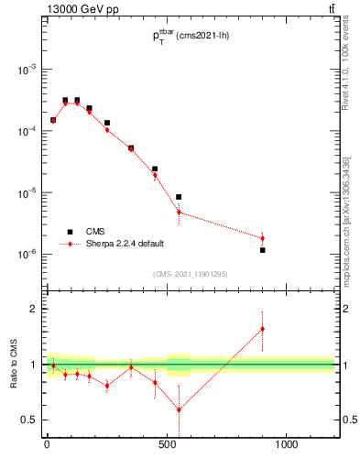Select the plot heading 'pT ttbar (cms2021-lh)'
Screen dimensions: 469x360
190,37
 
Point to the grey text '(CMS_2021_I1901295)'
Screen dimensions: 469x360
190,273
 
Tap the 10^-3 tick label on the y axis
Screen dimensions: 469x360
26,70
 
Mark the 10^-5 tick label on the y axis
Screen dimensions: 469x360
26,193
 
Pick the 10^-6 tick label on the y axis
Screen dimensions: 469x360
26,255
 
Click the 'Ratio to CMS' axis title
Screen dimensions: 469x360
15,365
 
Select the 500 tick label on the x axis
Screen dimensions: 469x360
167,446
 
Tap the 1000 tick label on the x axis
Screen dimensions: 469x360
287,446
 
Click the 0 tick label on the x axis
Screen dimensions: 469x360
47,446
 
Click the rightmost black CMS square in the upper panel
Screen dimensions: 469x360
263,250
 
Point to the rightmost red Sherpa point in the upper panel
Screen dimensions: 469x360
263,238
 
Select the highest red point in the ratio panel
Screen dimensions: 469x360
263,329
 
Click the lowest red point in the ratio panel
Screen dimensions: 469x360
179,409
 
